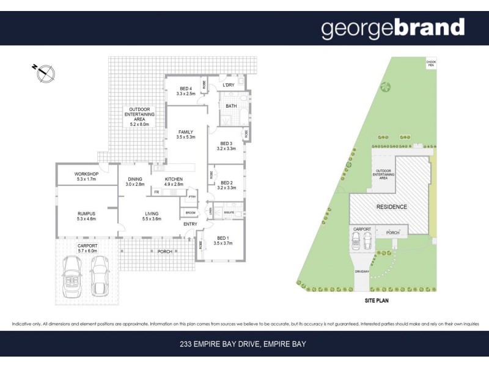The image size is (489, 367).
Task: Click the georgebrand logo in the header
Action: point(393,28)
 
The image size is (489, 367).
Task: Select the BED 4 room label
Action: point(185,91)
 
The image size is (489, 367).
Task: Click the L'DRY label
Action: point(229,85)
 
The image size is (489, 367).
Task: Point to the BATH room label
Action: point(231,106)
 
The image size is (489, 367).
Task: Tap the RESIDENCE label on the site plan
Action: point(391,207)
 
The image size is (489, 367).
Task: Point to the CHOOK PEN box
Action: point(432,62)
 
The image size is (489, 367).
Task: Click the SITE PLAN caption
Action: point(373,301)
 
